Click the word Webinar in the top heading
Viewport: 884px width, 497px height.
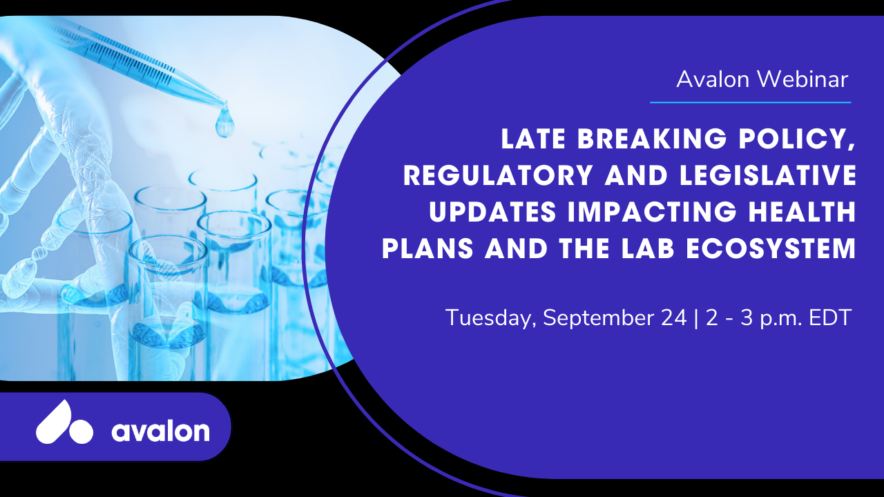803,79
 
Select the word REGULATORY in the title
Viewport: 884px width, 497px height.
498,175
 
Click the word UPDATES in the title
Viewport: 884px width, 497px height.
492,212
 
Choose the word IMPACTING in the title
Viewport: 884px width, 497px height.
652,212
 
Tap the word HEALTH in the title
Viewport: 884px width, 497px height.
803,212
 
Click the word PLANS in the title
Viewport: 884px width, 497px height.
427,248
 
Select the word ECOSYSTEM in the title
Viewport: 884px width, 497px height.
771,248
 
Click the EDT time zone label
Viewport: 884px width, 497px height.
829,318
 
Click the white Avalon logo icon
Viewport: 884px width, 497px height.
64,422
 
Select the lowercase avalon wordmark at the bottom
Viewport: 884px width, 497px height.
161,430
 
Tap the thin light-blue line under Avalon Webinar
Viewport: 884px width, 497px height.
751,103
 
